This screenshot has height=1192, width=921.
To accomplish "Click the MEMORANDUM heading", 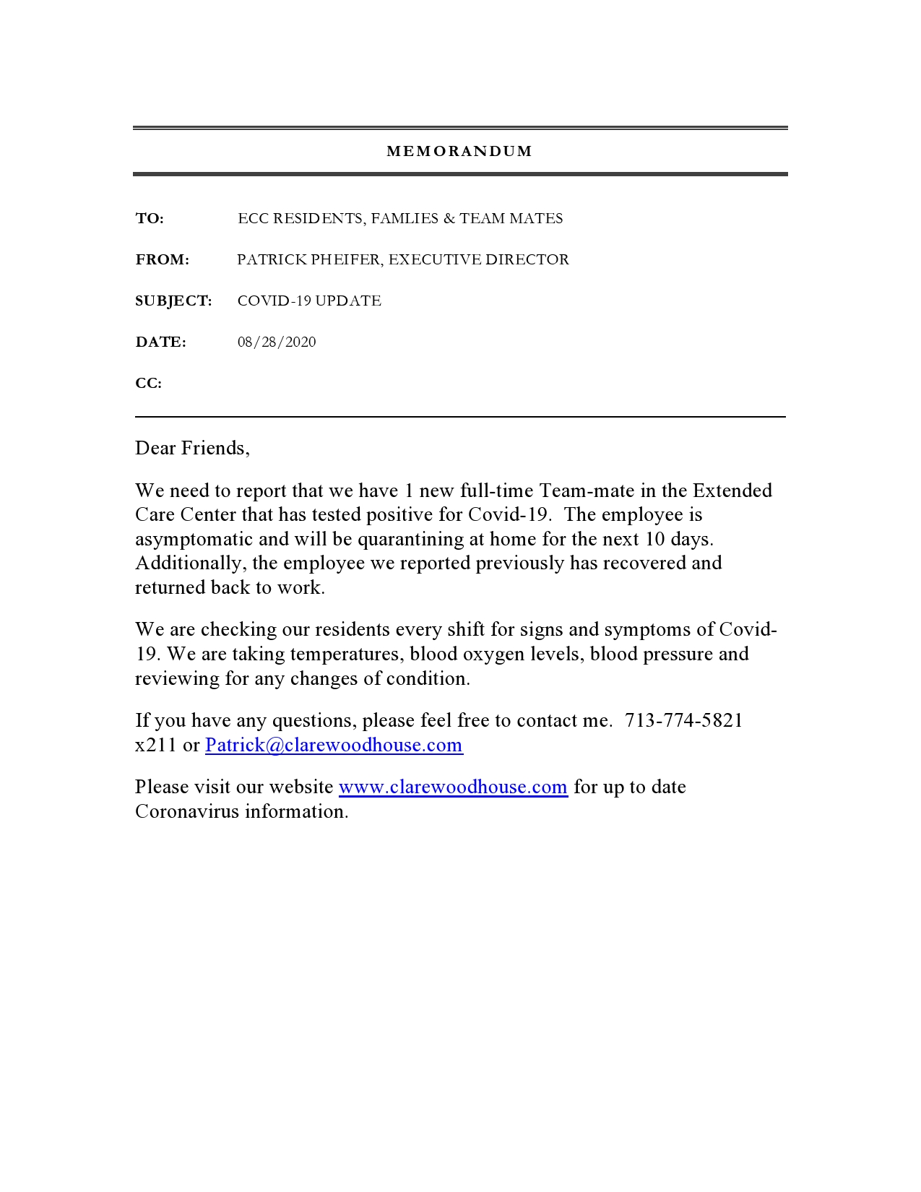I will click(x=459, y=151).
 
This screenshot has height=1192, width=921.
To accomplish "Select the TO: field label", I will click(x=150, y=218).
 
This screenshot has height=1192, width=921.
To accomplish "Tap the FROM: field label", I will click(x=163, y=259).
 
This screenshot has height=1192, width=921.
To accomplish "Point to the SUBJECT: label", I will click(x=173, y=301).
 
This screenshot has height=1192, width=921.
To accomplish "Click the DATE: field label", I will click(x=160, y=342).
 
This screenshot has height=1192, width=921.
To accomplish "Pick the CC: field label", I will click(x=148, y=383).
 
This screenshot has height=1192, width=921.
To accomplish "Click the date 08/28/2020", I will click(x=277, y=342).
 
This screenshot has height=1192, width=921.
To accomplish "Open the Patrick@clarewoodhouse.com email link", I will click(x=334, y=745).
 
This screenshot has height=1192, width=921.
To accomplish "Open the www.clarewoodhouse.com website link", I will click(x=453, y=787).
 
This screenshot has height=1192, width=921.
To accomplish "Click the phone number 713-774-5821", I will click(x=683, y=720).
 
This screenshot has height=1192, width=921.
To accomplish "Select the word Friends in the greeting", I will click(x=215, y=448).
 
